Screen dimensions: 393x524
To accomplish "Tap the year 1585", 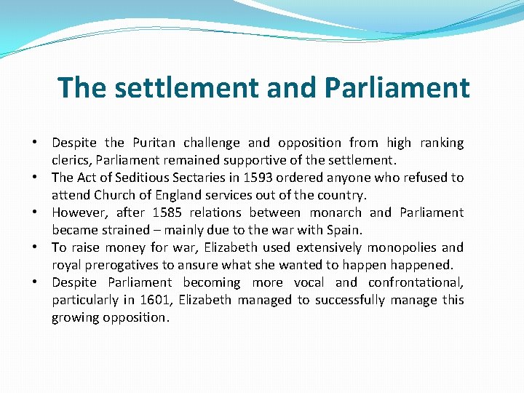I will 170,213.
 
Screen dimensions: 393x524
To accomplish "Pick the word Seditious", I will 131,178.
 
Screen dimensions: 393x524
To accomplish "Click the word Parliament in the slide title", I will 397,88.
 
